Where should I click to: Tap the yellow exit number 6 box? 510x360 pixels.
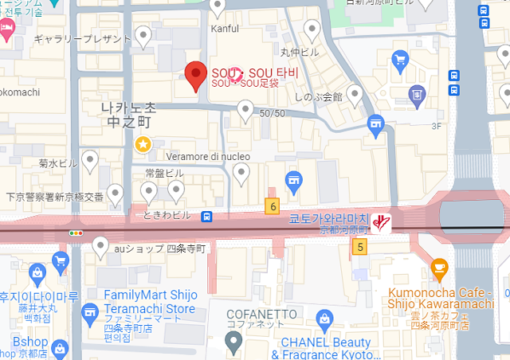[273, 206]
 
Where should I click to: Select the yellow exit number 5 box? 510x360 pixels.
[360, 248]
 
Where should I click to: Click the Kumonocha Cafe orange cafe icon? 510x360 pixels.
[438, 268]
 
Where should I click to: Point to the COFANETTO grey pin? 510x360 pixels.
[233, 342]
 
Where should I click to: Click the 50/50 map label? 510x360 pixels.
[272, 114]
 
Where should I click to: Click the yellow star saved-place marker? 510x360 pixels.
[143, 144]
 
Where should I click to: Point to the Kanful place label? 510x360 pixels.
[224, 29]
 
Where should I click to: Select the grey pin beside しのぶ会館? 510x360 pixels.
[355, 95]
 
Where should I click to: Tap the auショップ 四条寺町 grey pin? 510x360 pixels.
[100, 247]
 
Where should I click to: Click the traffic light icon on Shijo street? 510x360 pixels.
[76, 233]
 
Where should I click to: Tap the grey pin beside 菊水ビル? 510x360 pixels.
[91, 162]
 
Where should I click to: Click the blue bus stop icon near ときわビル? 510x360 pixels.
[206, 215]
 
